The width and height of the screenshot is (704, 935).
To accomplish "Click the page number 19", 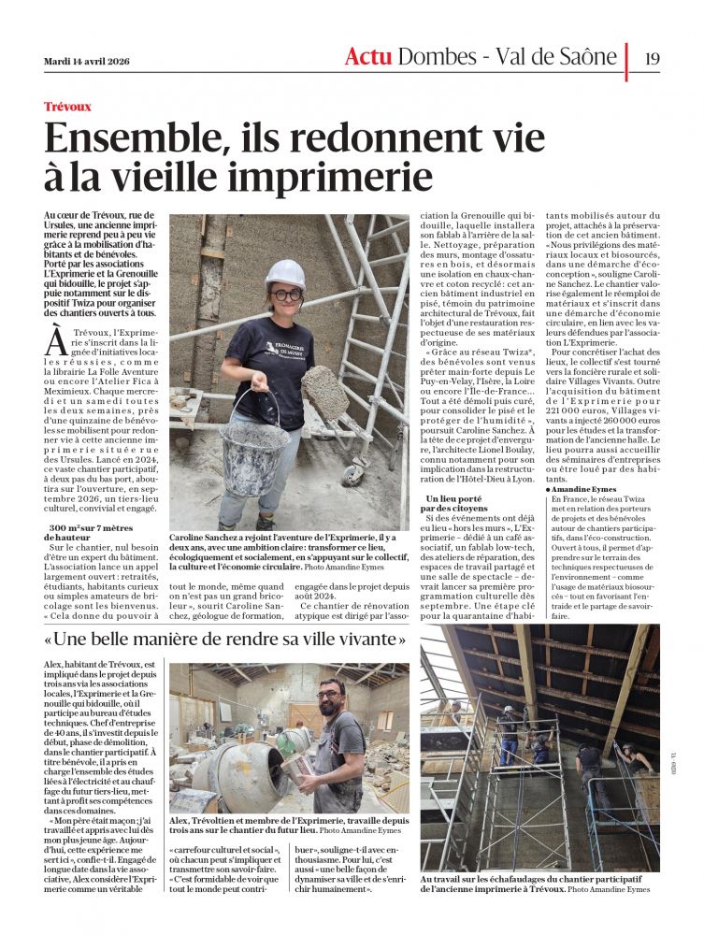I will click(x=652, y=57).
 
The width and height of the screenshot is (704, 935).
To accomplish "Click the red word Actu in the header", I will click(x=368, y=57).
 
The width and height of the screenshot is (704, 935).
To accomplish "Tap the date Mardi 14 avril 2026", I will click(x=87, y=62).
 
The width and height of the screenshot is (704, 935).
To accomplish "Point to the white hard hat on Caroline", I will click(x=284, y=273).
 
